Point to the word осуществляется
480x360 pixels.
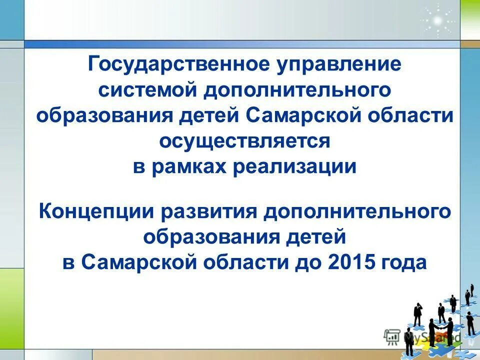(245, 141)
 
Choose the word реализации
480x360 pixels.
(294, 167)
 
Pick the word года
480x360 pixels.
(404, 262)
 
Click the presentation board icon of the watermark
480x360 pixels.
(392, 336)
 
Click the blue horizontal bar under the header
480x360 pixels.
(240, 44)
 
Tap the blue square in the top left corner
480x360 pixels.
(11, 20)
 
